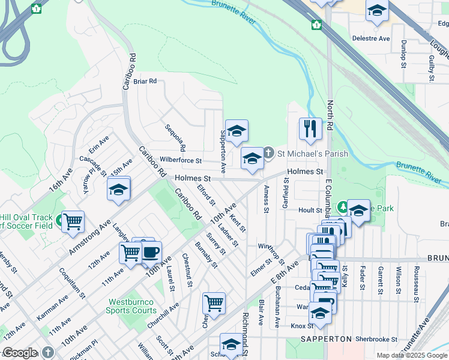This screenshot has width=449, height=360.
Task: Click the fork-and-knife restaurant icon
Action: pyautogui.click(x=310, y=128)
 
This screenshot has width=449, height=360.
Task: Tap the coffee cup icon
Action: pyautogui.click(x=151, y=251)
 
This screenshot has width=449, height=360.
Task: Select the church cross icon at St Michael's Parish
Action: pyautogui.click(x=268, y=154)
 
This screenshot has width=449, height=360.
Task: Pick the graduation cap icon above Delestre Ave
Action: pyautogui.click(x=377, y=11)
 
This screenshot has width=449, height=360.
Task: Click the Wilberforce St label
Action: pyautogui.click(x=181, y=161)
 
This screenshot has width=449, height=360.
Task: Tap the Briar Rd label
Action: pyautogui.click(x=145, y=81)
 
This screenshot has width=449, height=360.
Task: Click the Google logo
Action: pyautogui.click(x=20, y=353)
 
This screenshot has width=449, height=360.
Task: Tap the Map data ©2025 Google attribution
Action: pyautogui.click(x=412, y=355)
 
